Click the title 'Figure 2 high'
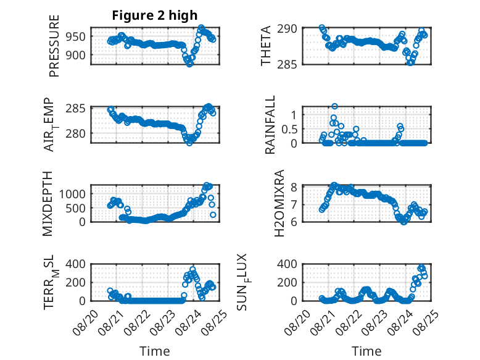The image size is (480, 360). [155, 15]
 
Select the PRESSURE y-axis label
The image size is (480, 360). [54, 46]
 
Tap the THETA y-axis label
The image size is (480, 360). [266, 46]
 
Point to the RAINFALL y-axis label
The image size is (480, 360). [270, 125]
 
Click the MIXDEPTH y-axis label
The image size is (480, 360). [48, 204]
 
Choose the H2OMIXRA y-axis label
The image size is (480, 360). [279, 203]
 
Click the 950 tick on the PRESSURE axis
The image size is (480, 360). [76, 37]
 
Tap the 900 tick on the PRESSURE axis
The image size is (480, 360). [76, 56]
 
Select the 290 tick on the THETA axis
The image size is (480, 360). [287, 29]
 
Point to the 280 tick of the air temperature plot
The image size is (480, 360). [76, 133]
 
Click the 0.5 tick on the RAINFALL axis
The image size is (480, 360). [289, 129]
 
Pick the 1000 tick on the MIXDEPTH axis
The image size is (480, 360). [72, 194]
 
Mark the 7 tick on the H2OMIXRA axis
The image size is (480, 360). [294, 204]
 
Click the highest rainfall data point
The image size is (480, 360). [334, 106]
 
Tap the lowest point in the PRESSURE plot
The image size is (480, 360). [190, 64]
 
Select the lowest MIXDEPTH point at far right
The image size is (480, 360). [213, 215]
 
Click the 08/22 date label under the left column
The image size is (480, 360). [138, 322]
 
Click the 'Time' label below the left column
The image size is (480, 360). [155, 351]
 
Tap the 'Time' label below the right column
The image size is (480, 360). [366, 351]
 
